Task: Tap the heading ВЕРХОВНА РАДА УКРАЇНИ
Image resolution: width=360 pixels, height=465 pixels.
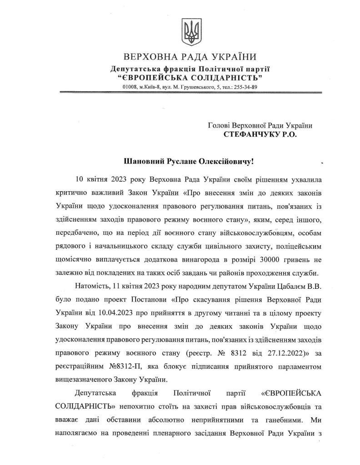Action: tap(190, 57)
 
